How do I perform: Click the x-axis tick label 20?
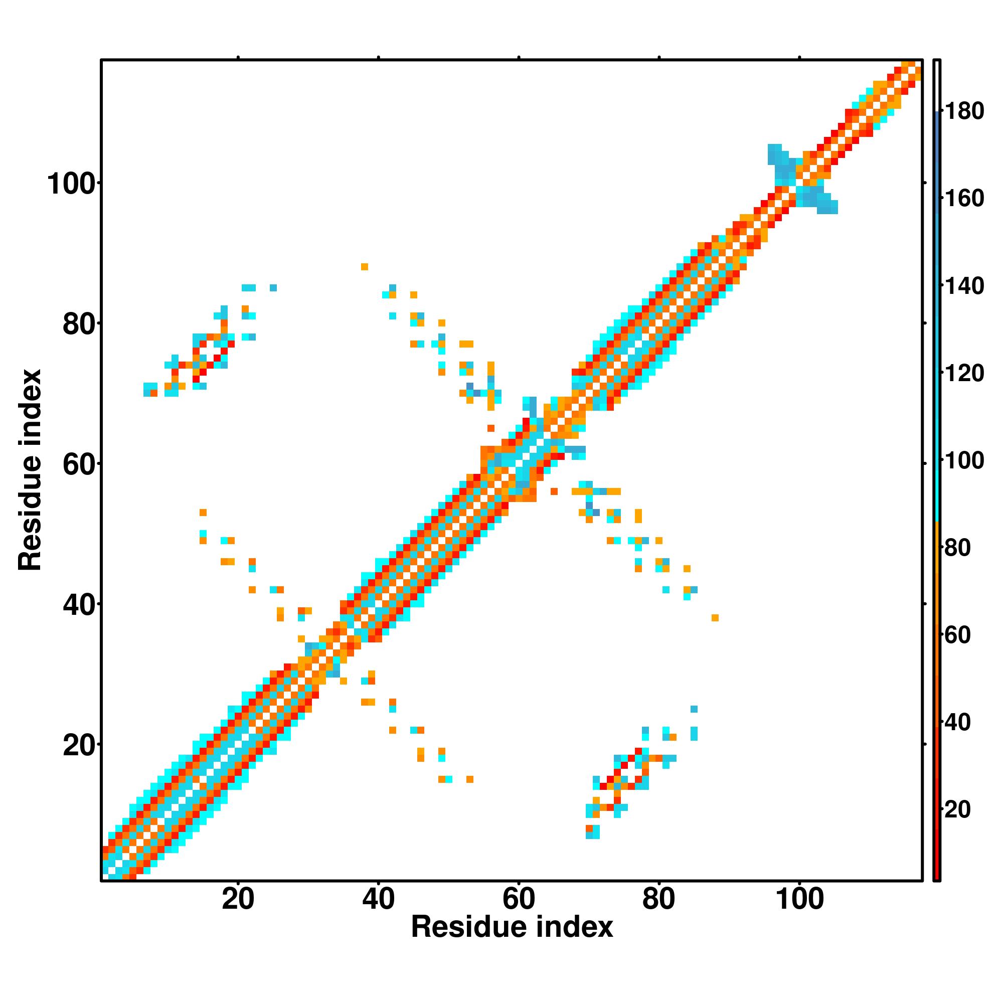click(x=238, y=899)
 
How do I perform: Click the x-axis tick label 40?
click(x=379, y=899)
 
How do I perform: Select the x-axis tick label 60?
click(x=519, y=899)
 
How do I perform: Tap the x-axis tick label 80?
click(x=659, y=899)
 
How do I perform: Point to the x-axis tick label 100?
click(x=799, y=899)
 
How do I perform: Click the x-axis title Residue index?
click(x=512, y=927)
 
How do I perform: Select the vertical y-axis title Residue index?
click(x=30, y=470)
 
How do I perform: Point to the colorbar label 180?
click(x=964, y=111)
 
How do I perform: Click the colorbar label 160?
click(x=964, y=198)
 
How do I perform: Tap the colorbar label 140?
click(x=964, y=286)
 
